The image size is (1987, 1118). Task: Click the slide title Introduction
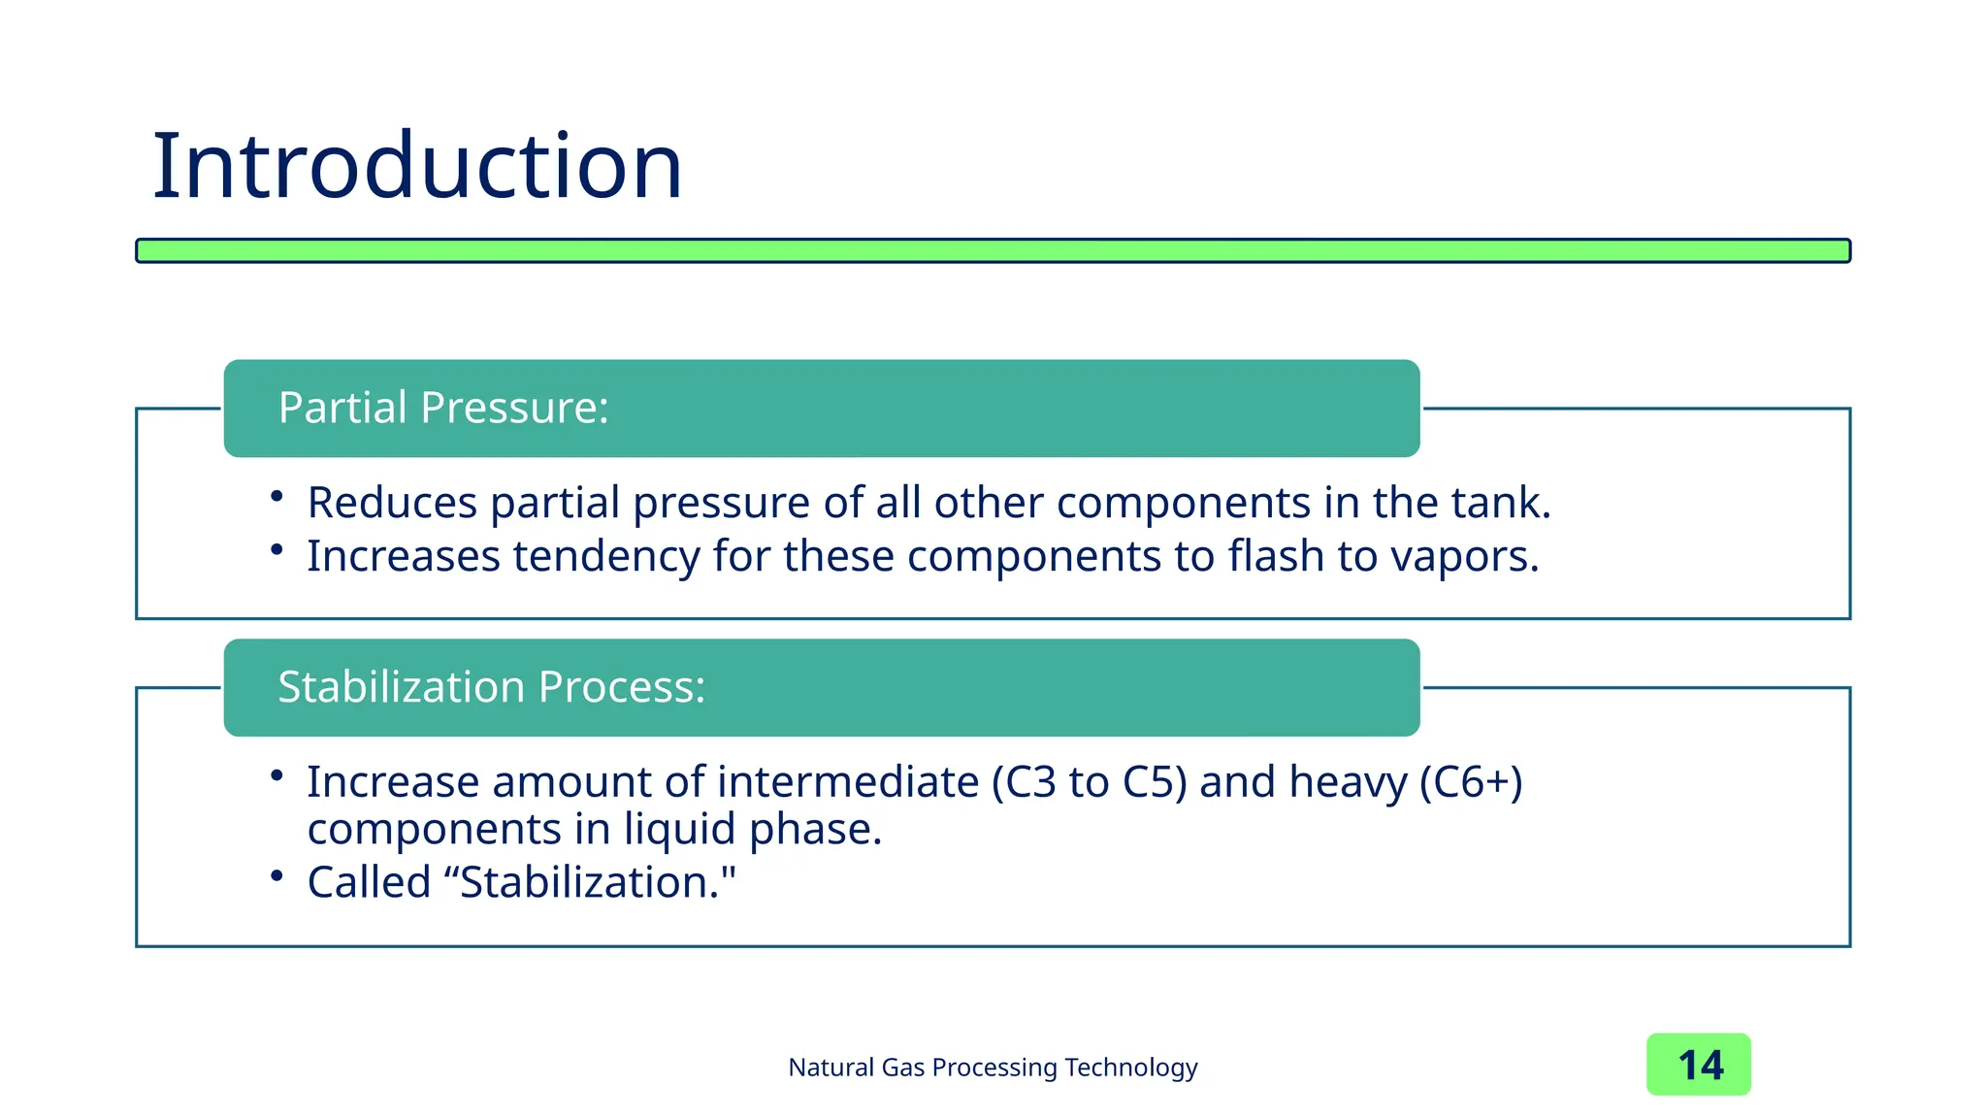[417, 167]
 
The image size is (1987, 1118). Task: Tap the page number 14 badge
[1698, 1065]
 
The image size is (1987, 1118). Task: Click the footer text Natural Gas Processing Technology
[993, 1068]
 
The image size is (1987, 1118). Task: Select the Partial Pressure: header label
[443, 408]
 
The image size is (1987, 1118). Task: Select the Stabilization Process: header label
[491, 687]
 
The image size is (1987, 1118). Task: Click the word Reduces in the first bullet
[392, 503]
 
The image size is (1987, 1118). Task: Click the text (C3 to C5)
[1089, 782]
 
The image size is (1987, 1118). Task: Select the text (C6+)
[1471, 782]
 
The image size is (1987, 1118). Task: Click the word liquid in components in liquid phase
[679, 830]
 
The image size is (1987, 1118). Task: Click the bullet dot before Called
[277, 876]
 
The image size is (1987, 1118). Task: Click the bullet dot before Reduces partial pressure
[277, 497]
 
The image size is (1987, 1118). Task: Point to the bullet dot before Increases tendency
[277, 550]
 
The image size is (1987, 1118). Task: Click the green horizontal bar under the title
[993, 250]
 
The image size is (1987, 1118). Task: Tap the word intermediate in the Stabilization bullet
[848, 782]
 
